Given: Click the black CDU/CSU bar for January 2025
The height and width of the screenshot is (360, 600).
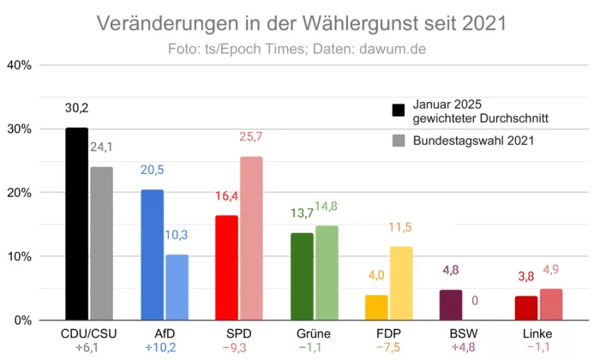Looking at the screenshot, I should (x=77, y=225).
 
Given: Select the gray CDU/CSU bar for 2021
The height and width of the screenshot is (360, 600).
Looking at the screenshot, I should (x=102, y=244).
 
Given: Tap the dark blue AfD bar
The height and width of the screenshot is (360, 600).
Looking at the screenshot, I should (x=153, y=255).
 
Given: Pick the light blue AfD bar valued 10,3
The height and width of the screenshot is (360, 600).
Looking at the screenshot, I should (x=177, y=288).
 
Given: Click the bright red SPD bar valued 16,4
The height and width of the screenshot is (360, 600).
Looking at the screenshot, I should (x=227, y=268).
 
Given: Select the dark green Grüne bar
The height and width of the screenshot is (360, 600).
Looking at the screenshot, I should (x=303, y=277).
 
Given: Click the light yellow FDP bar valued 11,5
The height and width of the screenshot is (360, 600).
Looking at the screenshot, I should (x=401, y=284).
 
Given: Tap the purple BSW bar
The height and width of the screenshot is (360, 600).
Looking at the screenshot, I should (x=451, y=305).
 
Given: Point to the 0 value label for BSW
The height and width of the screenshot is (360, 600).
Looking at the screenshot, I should (x=475, y=301).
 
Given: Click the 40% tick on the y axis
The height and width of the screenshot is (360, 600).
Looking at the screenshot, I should (x=20, y=65).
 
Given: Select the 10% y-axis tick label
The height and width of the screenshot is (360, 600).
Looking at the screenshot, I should (x=20, y=256).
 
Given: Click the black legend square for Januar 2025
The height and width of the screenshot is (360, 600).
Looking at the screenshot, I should (x=399, y=110).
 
